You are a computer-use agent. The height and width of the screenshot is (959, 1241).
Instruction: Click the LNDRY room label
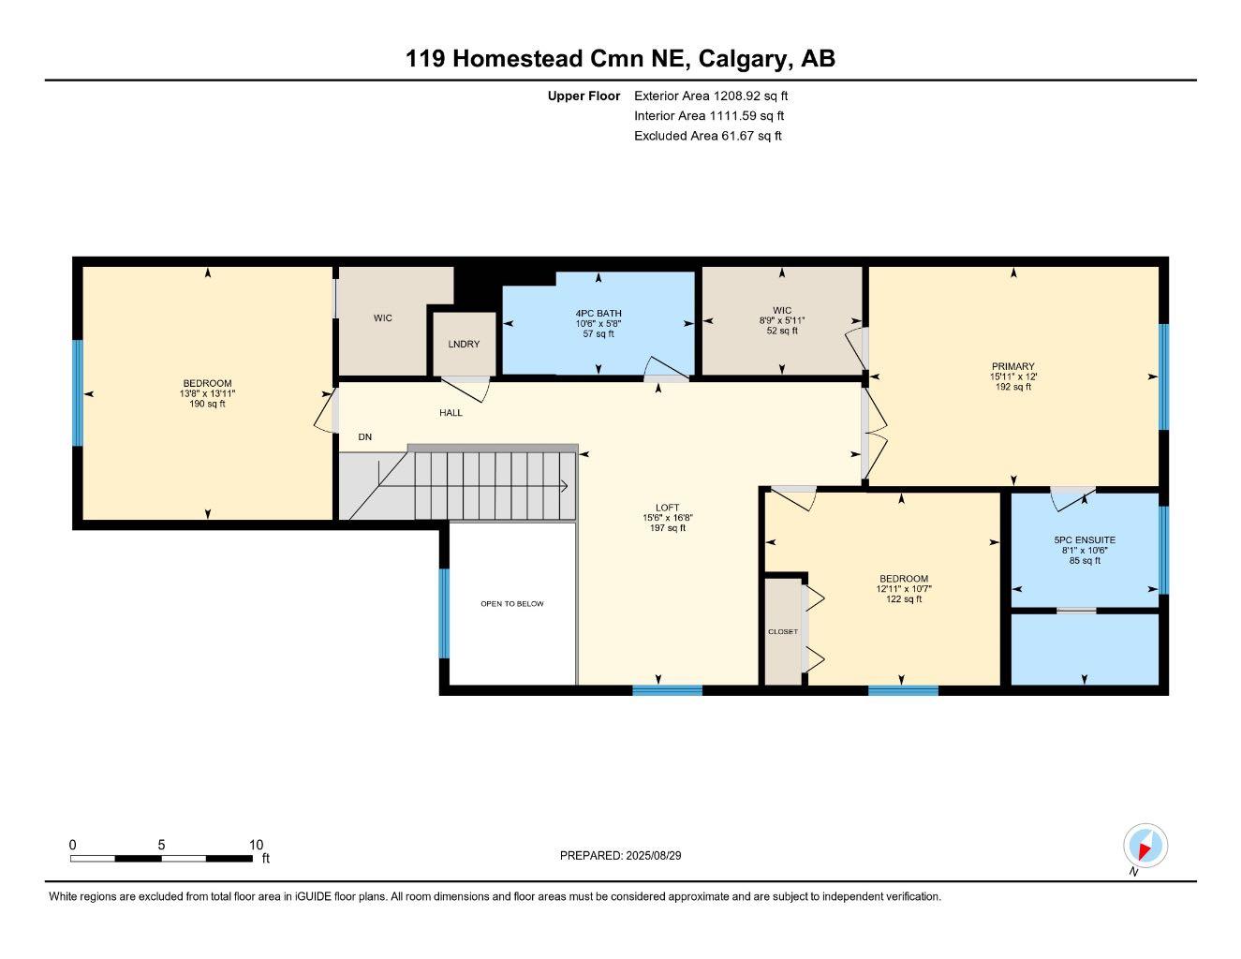pyautogui.click(x=464, y=344)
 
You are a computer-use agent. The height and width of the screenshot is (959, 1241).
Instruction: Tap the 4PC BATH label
pyautogui.click(x=598, y=314)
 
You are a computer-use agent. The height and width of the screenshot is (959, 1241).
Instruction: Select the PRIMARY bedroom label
pyautogui.click(x=1013, y=366)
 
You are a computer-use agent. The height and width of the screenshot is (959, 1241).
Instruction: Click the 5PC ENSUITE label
pyautogui.click(x=1085, y=540)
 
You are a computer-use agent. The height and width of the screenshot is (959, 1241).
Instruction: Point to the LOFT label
pyautogui.click(x=668, y=508)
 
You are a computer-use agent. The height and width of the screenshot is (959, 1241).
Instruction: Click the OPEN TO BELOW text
pyautogui.click(x=512, y=604)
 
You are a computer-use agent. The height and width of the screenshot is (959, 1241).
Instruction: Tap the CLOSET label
pyautogui.click(x=783, y=632)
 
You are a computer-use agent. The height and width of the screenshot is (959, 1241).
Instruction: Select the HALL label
pyautogui.click(x=451, y=412)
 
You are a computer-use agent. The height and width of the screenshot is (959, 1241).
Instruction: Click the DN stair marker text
pyautogui.click(x=365, y=437)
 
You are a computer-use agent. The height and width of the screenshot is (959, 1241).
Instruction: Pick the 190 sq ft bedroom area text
pyautogui.click(x=207, y=404)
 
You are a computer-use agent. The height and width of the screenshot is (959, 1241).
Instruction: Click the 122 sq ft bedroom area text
pyautogui.click(x=904, y=599)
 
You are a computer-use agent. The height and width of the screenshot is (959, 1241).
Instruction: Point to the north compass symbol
pyautogui.click(x=1145, y=847)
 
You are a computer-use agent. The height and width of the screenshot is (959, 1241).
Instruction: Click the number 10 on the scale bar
pyautogui.click(x=256, y=845)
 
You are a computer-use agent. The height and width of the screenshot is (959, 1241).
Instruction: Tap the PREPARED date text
pyautogui.click(x=628, y=855)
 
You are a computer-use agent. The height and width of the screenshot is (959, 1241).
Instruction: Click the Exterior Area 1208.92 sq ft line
pyautogui.click(x=711, y=96)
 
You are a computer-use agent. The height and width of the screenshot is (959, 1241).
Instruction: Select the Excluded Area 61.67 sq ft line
pyautogui.click(x=707, y=136)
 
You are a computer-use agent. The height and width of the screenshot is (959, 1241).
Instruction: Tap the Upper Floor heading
pyautogui.click(x=584, y=96)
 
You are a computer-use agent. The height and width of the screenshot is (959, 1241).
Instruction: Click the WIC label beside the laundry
pyautogui.click(x=383, y=318)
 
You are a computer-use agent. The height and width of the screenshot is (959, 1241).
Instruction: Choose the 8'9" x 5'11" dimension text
pyautogui.click(x=782, y=320)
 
